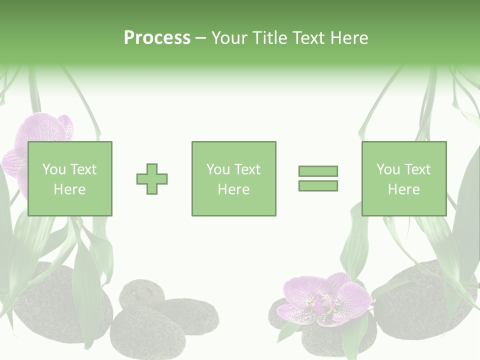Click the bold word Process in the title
pos(157,38)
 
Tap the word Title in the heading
pos(269,38)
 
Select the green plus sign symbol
pos(152,179)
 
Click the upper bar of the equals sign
pos(318,171)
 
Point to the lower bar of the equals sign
pos(318,186)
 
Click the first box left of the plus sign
pos(69,178)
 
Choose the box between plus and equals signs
pos(233,178)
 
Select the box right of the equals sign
pos(403,178)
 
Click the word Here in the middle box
pos(233,189)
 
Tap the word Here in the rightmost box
pos(403,189)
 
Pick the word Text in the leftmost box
pos(82,169)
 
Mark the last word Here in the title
pos(349,38)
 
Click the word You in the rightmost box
pos(388,169)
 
